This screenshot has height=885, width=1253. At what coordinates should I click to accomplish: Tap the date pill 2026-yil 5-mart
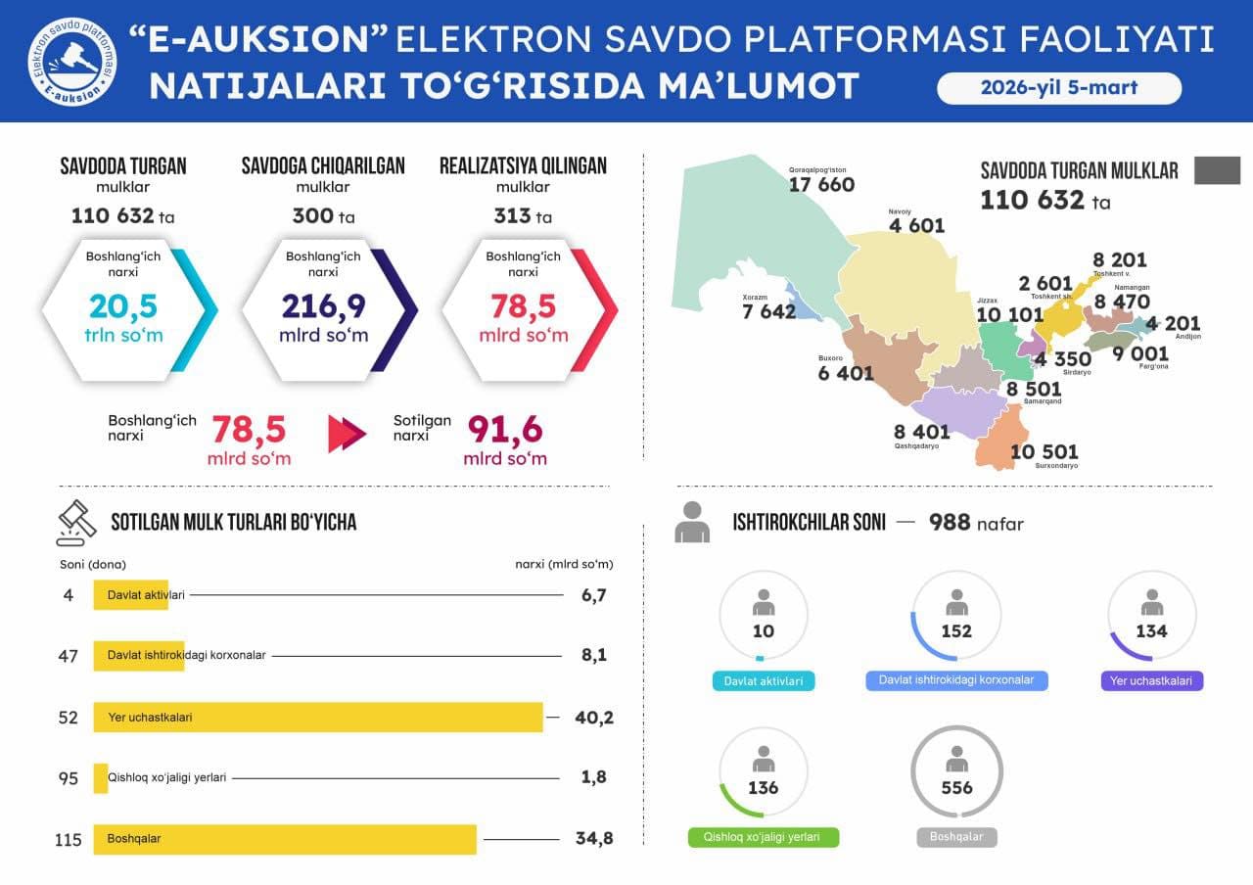click(1059, 88)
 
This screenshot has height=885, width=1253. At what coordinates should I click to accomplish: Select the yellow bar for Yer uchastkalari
click(318, 717)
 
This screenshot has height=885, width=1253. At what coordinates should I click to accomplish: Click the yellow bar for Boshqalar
click(285, 838)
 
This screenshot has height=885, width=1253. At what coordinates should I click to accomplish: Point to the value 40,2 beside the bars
click(593, 718)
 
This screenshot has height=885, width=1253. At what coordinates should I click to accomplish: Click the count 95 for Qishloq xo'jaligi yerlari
click(69, 777)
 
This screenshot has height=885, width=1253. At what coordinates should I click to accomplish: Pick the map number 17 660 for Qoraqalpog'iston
click(821, 184)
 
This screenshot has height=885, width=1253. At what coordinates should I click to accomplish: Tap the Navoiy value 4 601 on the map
click(916, 226)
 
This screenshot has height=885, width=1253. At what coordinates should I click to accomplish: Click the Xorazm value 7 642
click(768, 311)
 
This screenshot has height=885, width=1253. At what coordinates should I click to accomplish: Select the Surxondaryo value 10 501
click(1044, 451)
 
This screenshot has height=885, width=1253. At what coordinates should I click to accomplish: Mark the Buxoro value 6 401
click(846, 373)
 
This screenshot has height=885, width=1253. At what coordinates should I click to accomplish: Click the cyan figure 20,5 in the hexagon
click(123, 306)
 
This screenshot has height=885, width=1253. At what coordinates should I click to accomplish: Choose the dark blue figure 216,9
click(324, 306)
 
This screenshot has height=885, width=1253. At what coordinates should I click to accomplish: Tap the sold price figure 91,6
click(504, 429)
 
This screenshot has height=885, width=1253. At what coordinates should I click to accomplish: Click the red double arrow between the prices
click(347, 434)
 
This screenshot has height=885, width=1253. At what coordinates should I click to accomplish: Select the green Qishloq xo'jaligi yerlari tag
click(764, 838)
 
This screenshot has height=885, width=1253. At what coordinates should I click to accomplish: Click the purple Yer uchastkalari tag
click(1151, 680)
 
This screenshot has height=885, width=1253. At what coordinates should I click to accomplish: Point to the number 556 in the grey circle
click(956, 787)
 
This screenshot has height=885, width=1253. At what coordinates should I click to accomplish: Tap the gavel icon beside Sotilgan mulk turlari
click(75, 522)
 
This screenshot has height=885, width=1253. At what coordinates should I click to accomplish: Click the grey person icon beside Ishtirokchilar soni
click(692, 522)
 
